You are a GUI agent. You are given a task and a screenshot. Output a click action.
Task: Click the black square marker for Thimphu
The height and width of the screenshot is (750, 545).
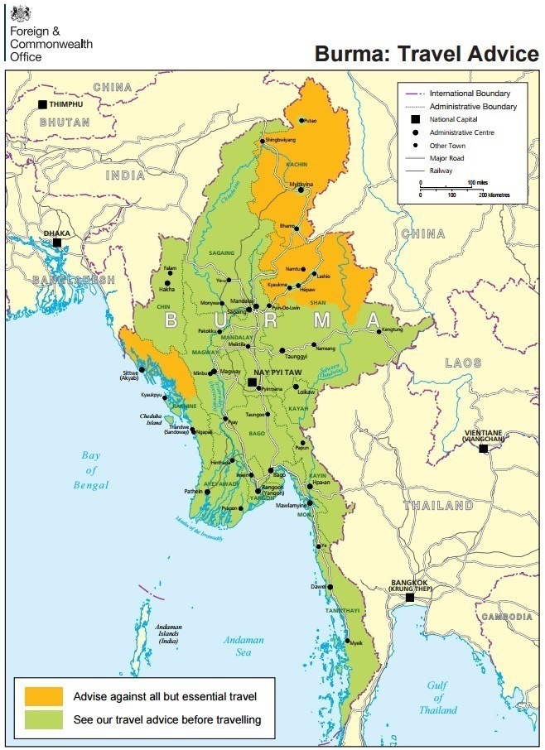click(x=42, y=105)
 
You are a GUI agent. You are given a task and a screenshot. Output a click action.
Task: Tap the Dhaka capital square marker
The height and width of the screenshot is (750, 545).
click(x=57, y=243)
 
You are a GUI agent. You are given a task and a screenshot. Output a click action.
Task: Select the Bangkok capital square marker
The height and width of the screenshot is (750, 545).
click(x=409, y=597)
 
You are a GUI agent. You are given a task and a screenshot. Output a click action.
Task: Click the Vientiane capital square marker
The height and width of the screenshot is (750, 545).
click(x=483, y=448)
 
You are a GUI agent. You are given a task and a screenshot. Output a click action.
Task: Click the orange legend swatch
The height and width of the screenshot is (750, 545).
click(x=44, y=695)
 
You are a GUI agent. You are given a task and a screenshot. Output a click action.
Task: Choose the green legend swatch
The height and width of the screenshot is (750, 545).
click(x=44, y=719)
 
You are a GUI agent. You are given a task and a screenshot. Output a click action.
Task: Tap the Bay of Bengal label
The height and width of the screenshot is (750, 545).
click(x=91, y=470)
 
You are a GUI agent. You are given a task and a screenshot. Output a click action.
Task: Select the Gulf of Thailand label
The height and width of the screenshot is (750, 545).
click(x=437, y=697)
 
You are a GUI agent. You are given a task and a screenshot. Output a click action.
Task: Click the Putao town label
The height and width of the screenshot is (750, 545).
click(x=310, y=121)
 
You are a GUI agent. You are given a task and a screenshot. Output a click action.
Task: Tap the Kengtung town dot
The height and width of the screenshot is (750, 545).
click(x=380, y=332)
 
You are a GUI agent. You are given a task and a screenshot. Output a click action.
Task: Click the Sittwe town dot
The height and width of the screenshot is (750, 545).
click(x=142, y=369)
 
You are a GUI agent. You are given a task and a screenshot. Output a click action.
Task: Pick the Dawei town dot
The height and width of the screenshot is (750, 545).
click(x=330, y=587)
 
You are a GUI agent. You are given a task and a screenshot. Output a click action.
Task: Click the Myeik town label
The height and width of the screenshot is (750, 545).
click(x=355, y=642)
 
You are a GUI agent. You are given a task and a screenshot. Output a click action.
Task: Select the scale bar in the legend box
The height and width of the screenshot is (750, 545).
click(x=452, y=188)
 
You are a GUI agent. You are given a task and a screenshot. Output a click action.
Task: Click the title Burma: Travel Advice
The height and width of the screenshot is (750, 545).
click(x=426, y=54)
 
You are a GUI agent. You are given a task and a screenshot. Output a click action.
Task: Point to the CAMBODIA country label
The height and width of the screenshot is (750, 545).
click(x=507, y=617)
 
